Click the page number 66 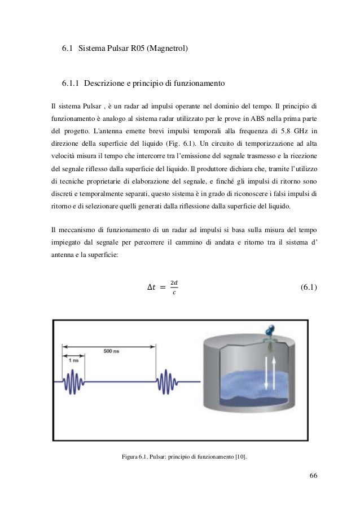pyautogui.click(x=313, y=473)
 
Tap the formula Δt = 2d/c pyautogui.click(x=161, y=287)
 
